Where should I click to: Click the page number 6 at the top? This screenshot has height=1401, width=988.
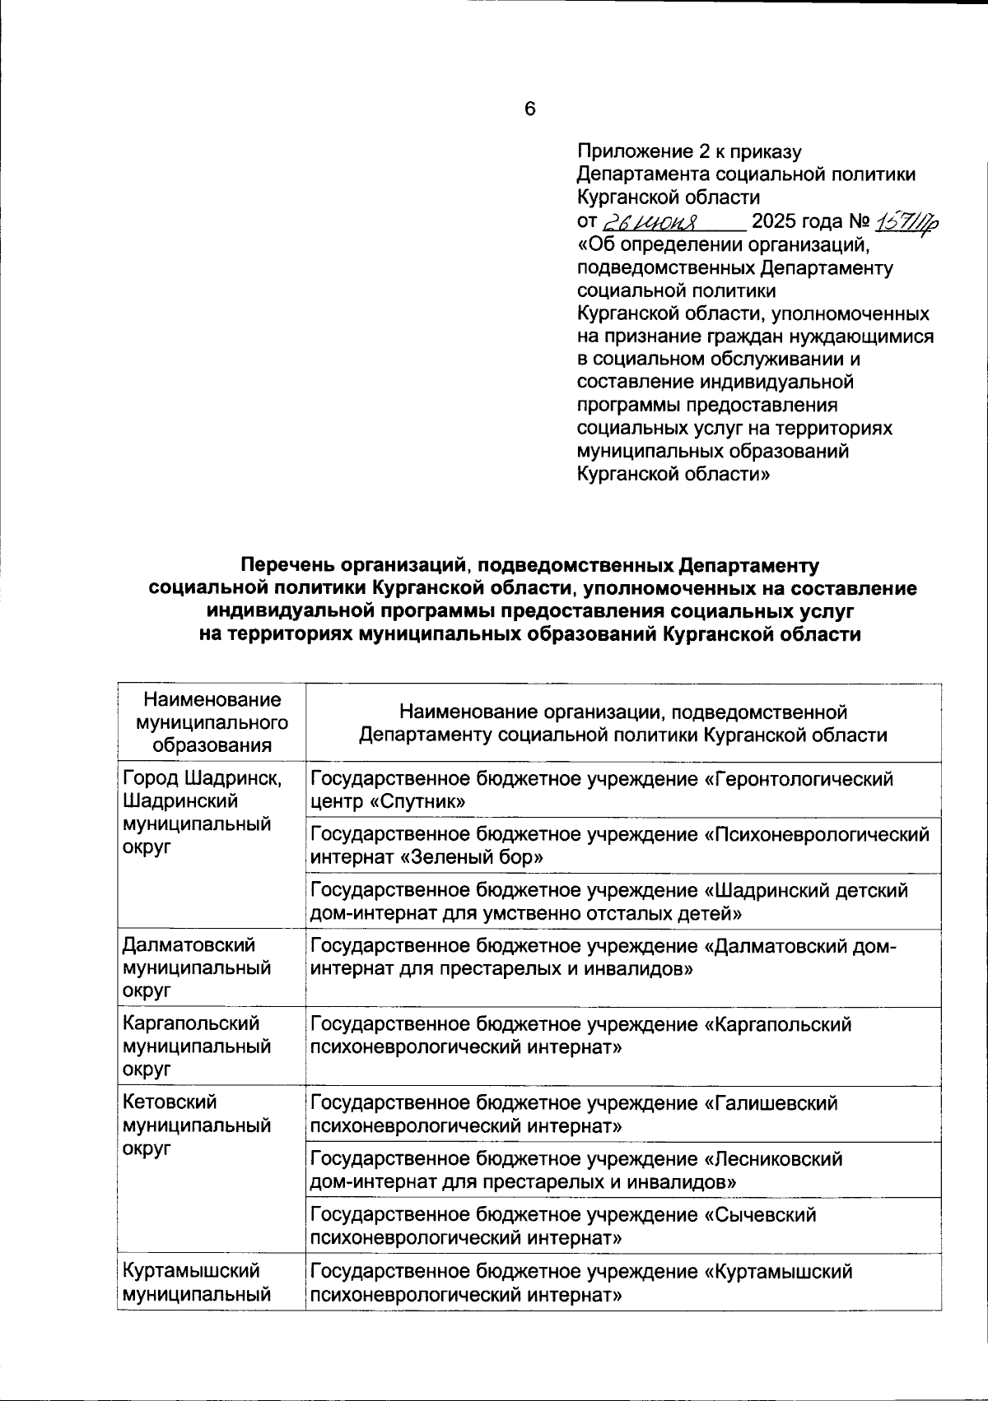coord(529,109)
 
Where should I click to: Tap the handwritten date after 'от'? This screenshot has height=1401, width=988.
coord(650,222)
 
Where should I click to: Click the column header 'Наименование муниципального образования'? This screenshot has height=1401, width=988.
coord(212,722)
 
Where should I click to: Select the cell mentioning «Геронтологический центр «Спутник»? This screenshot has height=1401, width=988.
coord(602,790)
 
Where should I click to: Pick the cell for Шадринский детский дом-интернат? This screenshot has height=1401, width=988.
coord(609,902)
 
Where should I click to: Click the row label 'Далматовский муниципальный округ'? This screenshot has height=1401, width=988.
coord(197,968)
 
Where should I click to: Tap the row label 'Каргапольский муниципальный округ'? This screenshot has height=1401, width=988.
coord(197,1046)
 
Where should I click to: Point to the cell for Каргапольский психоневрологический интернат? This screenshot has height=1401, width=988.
coord(580,1036)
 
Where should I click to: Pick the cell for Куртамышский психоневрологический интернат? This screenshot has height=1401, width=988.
coord(581,1283)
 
